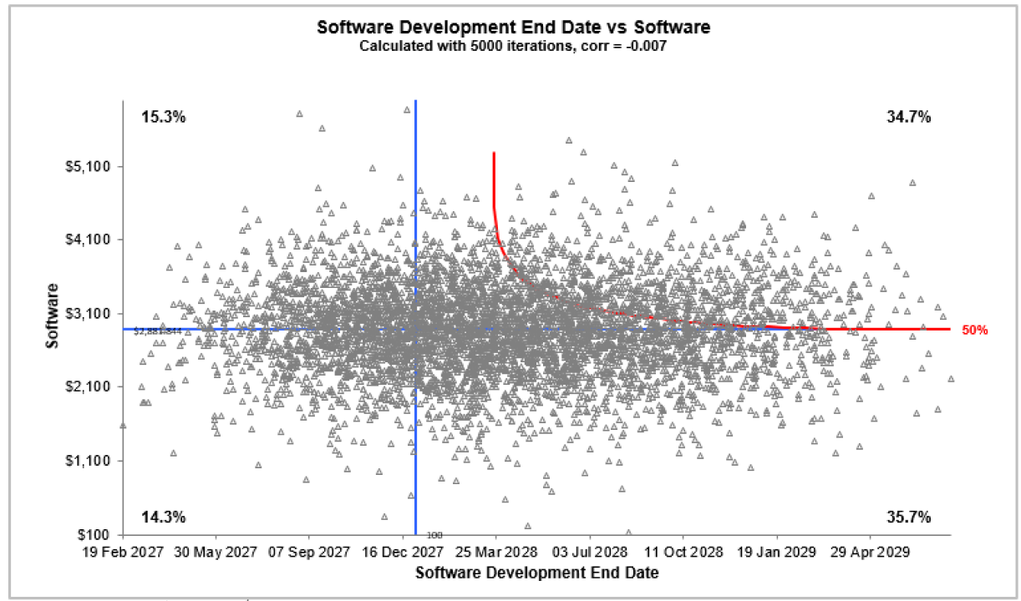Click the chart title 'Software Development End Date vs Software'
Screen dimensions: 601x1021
(x=513, y=27)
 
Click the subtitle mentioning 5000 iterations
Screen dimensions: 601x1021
(x=513, y=46)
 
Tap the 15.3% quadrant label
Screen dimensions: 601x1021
(x=163, y=117)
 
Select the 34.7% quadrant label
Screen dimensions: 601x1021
(x=908, y=117)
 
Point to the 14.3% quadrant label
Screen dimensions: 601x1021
(x=163, y=517)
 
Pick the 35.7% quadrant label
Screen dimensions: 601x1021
(x=908, y=517)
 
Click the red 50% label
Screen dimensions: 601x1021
(x=974, y=330)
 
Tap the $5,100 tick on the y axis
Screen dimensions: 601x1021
(x=93, y=166)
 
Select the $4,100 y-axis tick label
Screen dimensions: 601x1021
(x=93, y=240)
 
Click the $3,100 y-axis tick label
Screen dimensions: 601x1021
(x=93, y=313)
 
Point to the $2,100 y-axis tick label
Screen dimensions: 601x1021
(x=93, y=386)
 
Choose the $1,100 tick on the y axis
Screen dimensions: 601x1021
(x=93, y=461)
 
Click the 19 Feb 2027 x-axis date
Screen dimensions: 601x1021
(x=122, y=553)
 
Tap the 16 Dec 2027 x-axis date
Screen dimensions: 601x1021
(x=402, y=553)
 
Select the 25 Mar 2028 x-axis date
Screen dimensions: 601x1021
(x=495, y=553)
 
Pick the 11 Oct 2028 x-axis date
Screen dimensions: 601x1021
(x=683, y=553)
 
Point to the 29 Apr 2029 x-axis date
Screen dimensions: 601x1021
(x=870, y=553)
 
